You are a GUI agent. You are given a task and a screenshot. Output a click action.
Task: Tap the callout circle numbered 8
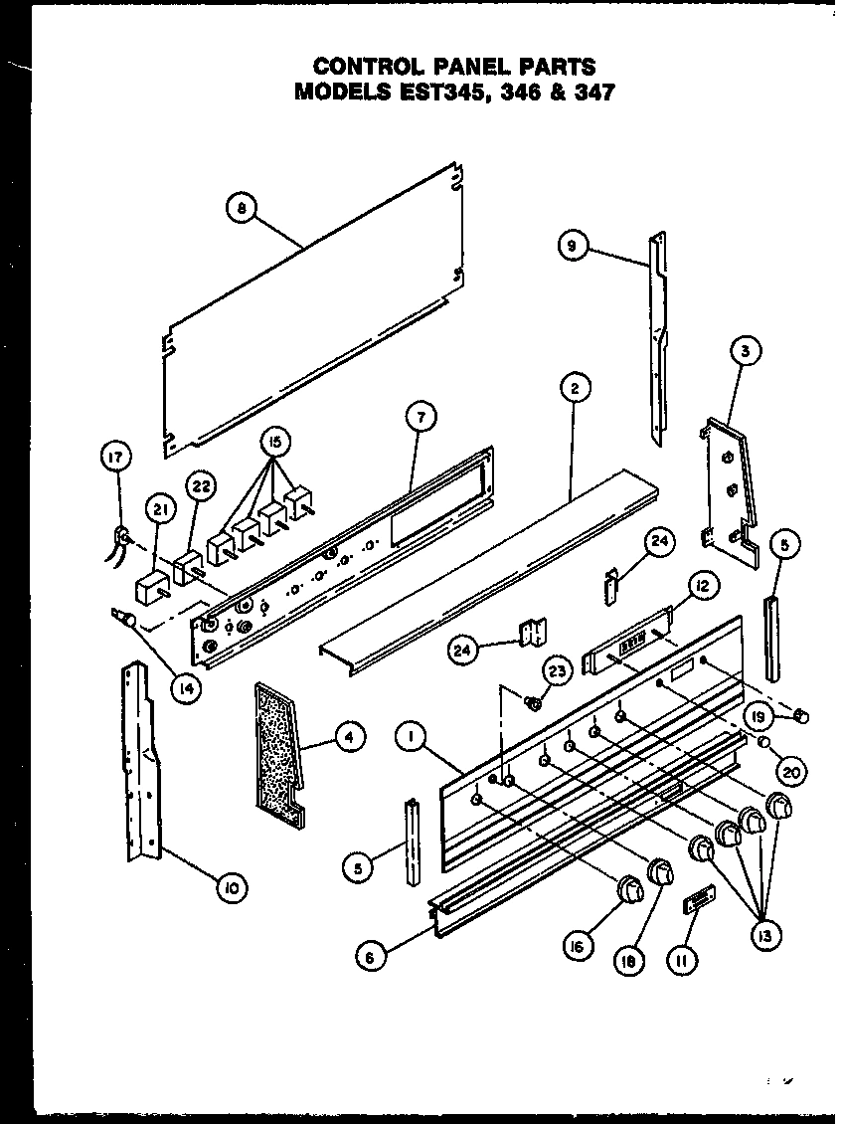click(x=242, y=208)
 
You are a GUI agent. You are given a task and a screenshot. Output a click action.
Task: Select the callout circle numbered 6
click(x=370, y=957)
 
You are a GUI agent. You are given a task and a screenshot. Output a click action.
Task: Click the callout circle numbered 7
click(x=421, y=418)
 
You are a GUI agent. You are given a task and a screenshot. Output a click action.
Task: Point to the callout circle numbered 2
click(x=575, y=390)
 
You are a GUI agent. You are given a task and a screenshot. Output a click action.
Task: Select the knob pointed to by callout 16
click(x=629, y=887)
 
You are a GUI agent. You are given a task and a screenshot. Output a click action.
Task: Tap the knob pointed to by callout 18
click(x=659, y=871)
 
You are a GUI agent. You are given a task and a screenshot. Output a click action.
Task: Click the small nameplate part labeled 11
click(x=697, y=901)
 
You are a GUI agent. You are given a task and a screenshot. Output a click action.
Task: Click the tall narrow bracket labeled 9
click(x=658, y=338)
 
